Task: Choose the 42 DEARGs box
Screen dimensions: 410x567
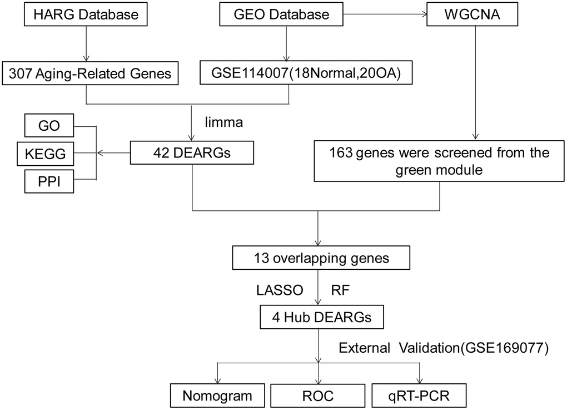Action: (191, 152)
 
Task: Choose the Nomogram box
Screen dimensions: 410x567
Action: (217, 396)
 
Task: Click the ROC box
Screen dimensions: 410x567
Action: (317, 396)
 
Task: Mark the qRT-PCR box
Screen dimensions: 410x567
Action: (418, 396)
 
